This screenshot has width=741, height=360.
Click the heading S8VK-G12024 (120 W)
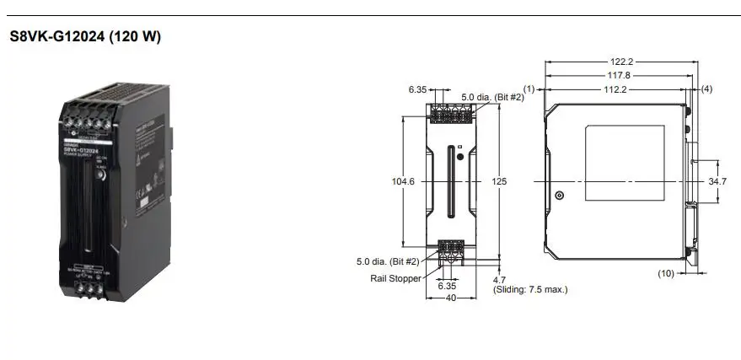pyautogui.click(x=85, y=37)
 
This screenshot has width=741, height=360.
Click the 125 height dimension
pyautogui.click(x=500, y=180)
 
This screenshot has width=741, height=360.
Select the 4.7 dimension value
pyautogui.click(x=499, y=278)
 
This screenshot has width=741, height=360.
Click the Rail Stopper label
pyautogui.click(x=395, y=278)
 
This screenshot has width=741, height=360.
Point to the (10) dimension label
pyautogui.click(x=667, y=273)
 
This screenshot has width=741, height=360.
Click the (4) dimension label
pyautogui.click(x=706, y=89)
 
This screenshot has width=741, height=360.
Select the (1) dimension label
pyautogui.click(x=529, y=89)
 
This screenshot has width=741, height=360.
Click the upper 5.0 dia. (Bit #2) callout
pyautogui.click(x=493, y=98)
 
